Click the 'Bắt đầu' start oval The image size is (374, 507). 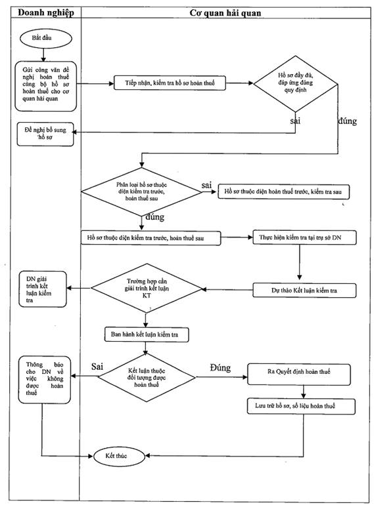tap(45, 38)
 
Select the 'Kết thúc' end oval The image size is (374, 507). tap(119, 456)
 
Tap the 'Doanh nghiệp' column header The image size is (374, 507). tap(46, 12)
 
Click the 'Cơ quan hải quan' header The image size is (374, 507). tap(225, 13)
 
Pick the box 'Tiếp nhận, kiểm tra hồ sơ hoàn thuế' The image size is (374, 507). tap(170, 83)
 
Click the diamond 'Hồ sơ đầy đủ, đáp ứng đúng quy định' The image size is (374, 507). tap(296, 84)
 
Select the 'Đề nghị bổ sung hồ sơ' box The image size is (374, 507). tap(45, 134)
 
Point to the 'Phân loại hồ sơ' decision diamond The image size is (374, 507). tap(141, 192)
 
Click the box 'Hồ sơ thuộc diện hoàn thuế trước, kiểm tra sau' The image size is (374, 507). tap(283, 192)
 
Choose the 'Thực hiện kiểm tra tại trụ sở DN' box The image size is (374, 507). tap(304, 237)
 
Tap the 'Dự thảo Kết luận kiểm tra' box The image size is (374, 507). tap(304, 290)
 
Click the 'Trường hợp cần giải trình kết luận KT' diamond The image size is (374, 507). tap(147, 289)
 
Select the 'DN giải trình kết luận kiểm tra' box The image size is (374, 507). tap(43, 289)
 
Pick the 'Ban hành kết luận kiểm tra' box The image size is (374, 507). tap(147, 335)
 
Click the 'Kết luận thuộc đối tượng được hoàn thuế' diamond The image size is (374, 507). tap(147, 377)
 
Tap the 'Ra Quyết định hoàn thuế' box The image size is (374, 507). tap(299, 375)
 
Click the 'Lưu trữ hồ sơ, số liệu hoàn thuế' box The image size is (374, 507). tap(301, 406)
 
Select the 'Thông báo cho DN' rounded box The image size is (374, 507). tap(45, 380)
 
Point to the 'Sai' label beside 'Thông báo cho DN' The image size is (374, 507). tap(97, 367)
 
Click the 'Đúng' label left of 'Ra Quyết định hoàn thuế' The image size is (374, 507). tap(220, 368)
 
